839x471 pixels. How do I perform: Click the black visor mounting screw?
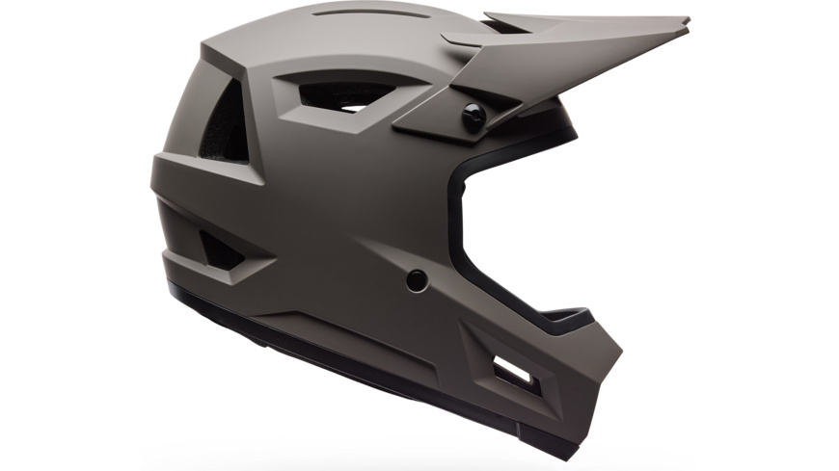point(474,118)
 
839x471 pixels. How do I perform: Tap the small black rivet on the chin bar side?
point(416,280)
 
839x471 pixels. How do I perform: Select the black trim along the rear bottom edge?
point(241,319)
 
